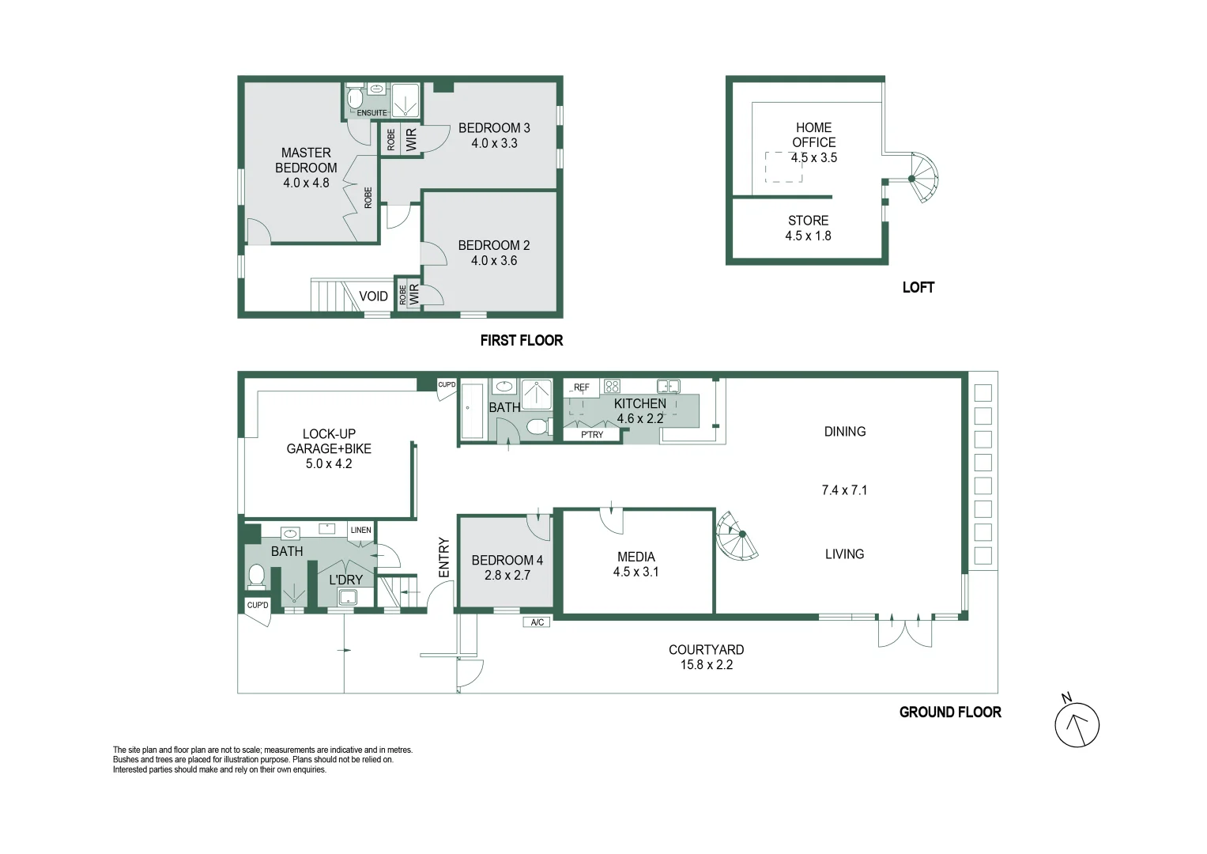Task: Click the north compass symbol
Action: click(1077, 724)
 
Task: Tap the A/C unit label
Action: click(537, 622)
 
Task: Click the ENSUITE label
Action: click(372, 112)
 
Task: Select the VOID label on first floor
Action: click(373, 296)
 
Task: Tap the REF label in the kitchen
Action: click(582, 387)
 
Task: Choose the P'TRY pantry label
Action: click(592, 435)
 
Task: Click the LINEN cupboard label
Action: click(361, 530)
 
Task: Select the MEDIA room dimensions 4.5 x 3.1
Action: click(636, 572)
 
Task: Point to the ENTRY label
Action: click(444, 557)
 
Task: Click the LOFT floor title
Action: click(918, 287)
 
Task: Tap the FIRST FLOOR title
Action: click(522, 340)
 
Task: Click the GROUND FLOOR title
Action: click(951, 712)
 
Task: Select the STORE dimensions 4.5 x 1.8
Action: click(809, 236)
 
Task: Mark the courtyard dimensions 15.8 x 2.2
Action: click(707, 665)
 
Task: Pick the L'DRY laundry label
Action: click(346, 580)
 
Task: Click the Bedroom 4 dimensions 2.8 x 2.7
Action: click(507, 576)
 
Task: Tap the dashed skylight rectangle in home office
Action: click(783, 167)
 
